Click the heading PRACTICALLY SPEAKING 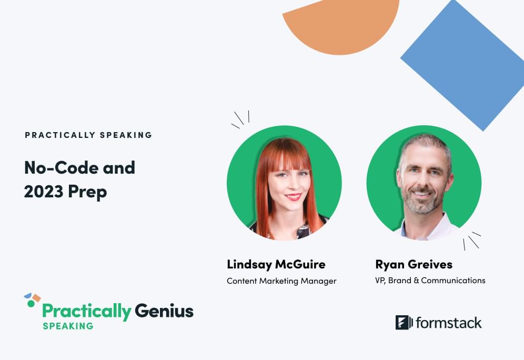(x=88, y=135)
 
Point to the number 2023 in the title (x=44, y=192)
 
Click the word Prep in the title (x=87, y=193)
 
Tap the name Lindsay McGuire (x=276, y=264)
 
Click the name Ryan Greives (x=414, y=264)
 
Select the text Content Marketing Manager (x=281, y=281)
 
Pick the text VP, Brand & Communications (x=430, y=280)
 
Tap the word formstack (x=449, y=323)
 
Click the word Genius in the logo (x=164, y=311)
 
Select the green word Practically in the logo (x=87, y=312)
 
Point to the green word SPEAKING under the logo (x=68, y=326)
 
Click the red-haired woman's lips (x=294, y=196)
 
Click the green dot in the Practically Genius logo (x=31, y=304)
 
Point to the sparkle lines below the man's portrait (x=472, y=241)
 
